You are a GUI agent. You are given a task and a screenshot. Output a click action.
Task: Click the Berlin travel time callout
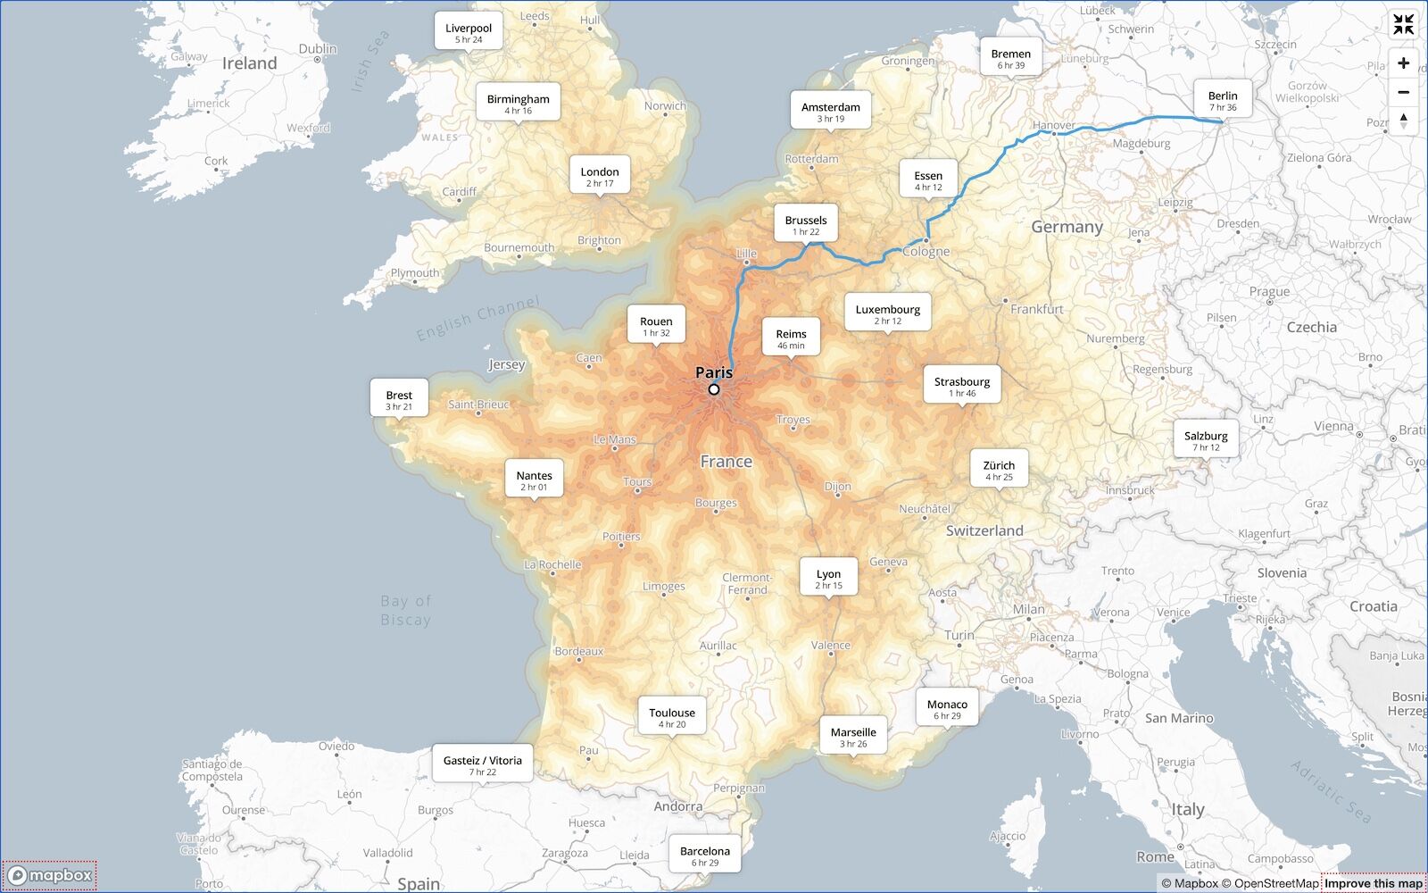(1223, 100)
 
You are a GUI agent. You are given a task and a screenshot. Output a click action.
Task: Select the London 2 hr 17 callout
(600, 176)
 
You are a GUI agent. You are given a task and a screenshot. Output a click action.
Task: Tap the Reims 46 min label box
(791, 338)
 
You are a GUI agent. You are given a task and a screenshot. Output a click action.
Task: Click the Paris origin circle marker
(714, 389)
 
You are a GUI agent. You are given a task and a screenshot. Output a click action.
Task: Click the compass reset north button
(1403, 121)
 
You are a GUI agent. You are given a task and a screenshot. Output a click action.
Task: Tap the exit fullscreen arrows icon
(1403, 25)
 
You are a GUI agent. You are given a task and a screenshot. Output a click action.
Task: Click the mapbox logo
(50, 875)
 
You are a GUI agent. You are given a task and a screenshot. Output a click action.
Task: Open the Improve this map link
(1373, 883)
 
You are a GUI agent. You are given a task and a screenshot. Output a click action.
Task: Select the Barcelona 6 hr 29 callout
(705, 855)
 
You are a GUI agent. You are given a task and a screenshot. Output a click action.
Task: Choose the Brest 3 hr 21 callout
(399, 399)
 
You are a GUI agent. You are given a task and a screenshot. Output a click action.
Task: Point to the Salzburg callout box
(1206, 440)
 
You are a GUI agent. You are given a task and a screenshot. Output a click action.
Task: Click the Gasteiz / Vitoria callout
(483, 764)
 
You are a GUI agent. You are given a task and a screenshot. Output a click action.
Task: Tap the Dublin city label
(318, 49)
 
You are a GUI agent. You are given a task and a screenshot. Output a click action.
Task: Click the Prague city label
(1269, 291)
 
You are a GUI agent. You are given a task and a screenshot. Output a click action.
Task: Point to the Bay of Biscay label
(406, 610)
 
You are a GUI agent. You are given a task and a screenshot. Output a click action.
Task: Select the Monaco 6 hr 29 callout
(947, 709)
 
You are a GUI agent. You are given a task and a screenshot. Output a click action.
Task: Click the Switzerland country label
(984, 530)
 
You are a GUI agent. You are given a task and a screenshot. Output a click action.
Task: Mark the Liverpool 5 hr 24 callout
(469, 32)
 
